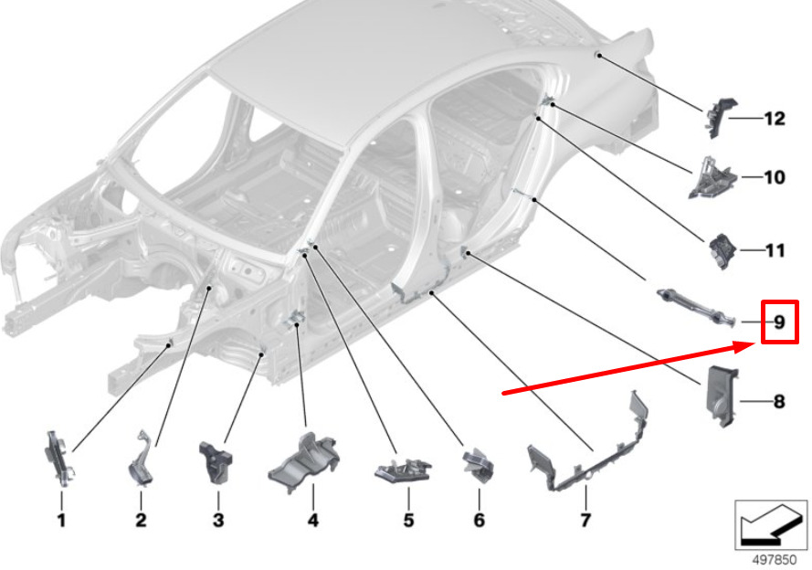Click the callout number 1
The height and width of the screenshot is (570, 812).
[61, 520]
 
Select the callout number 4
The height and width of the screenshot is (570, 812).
[312, 520]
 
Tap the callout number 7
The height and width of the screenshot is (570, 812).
[585, 520]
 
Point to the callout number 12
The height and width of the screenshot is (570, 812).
[775, 119]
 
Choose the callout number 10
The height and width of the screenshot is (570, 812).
[775, 177]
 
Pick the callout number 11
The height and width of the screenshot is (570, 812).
[775, 250]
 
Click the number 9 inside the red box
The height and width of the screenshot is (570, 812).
[780, 322]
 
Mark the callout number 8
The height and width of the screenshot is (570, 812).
[779, 401]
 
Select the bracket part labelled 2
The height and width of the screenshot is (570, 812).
[141, 459]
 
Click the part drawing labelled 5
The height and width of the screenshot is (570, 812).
[403, 469]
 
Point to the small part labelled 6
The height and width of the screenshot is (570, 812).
[479, 465]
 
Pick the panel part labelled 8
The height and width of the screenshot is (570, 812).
[721, 396]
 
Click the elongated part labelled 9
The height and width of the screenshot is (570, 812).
[695, 308]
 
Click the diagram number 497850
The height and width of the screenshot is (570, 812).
[774, 560]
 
